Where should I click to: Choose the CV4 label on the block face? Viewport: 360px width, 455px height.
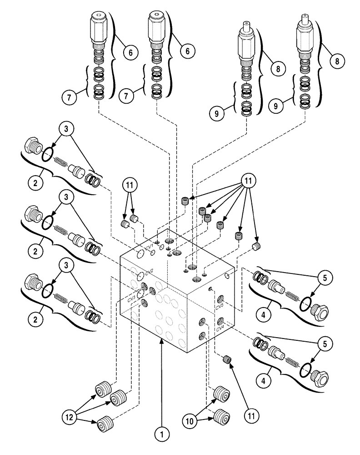[220, 327]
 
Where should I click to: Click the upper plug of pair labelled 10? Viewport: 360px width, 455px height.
[221, 393]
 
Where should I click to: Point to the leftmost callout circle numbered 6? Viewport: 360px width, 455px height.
[130, 52]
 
